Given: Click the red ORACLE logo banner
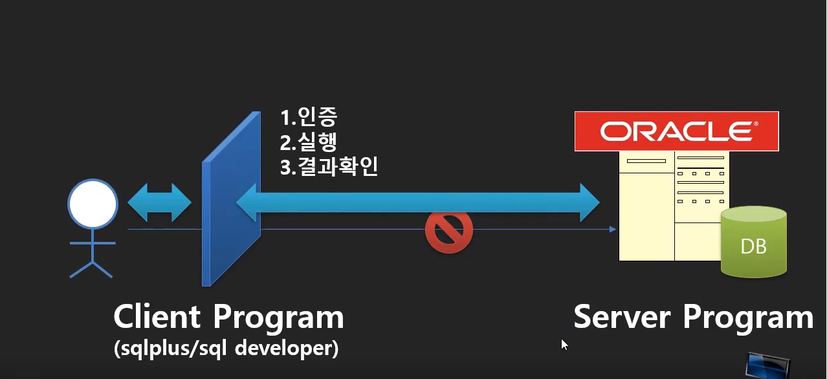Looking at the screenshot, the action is (676, 131).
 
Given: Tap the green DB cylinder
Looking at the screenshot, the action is (753, 242).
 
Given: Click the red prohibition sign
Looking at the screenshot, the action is (448, 230).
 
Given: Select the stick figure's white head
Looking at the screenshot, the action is (93, 204).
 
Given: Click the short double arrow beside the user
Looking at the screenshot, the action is (159, 202).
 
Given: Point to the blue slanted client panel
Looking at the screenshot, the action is (231, 199).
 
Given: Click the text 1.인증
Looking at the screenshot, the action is (309, 117).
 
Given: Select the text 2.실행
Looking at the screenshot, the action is (309, 142).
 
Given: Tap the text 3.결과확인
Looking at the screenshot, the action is (329, 167).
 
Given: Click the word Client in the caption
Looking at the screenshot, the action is (157, 316).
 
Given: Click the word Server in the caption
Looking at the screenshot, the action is (622, 316).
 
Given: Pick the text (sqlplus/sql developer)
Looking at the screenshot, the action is (226, 349).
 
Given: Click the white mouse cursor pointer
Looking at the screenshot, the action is (564, 345).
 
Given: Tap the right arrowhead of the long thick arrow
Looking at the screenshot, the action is (590, 202).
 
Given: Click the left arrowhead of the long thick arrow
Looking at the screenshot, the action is (247, 202).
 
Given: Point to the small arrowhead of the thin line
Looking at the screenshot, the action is (613, 230).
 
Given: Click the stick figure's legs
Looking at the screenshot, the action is (91, 270).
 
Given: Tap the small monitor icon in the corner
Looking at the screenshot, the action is (768, 365).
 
